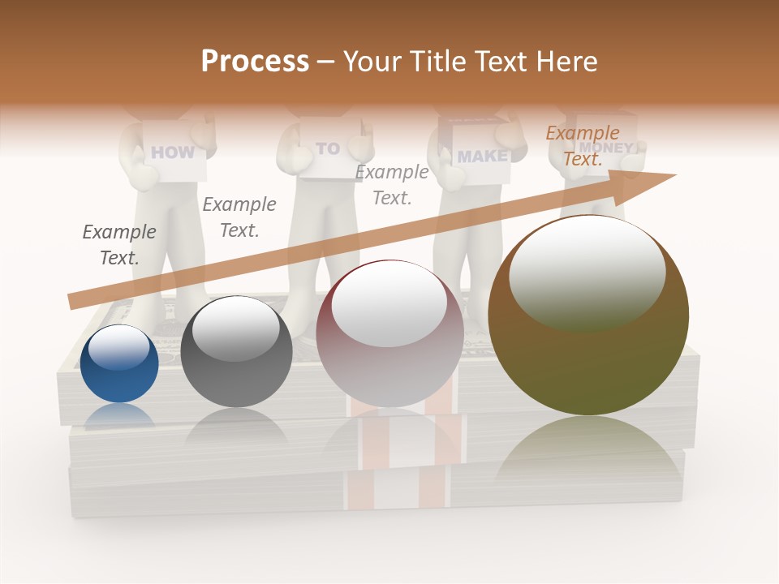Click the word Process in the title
tap(255, 62)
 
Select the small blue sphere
tap(119, 364)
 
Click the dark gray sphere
tap(236, 352)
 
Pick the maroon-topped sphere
tap(389, 334)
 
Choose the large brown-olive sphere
tap(588, 316)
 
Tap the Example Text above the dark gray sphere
tap(239, 217)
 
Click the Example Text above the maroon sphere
tap(392, 185)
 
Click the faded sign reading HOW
tap(173, 152)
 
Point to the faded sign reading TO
tap(328, 148)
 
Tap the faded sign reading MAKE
tap(482, 156)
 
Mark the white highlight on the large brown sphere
tap(587, 273)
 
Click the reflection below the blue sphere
tap(119, 415)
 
